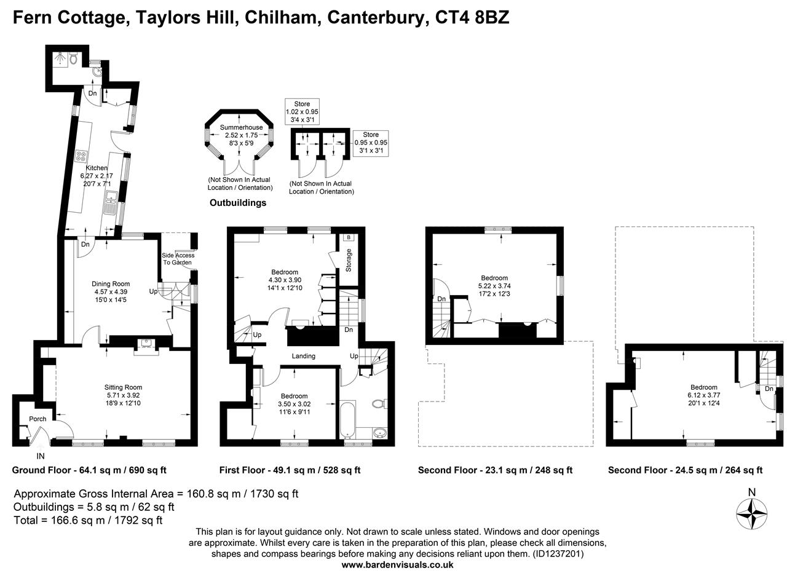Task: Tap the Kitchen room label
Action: pyautogui.click(x=97, y=168)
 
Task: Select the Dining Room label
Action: pyautogui.click(x=111, y=283)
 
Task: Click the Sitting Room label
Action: pyautogui.click(x=123, y=387)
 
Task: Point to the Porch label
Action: pyautogui.click(x=38, y=419)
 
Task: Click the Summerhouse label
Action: pyautogui.click(x=241, y=127)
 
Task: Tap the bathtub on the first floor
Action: pyautogui.click(x=347, y=421)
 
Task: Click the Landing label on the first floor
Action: pyautogui.click(x=303, y=356)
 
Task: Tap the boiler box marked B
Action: pyautogui.click(x=349, y=237)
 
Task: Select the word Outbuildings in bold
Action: pyautogui.click(x=238, y=202)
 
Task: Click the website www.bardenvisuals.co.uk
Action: pyautogui.click(x=397, y=564)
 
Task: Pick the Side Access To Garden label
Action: pyautogui.click(x=178, y=259)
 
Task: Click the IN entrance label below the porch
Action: pyautogui.click(x=41, y=456)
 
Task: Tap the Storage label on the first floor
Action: pyautogui.click(x=349, y=260)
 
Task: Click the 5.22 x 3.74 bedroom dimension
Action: pyautogui.click(x=494, y=286)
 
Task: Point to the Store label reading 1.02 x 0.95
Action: pyautogui.click(x=302, y=112)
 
